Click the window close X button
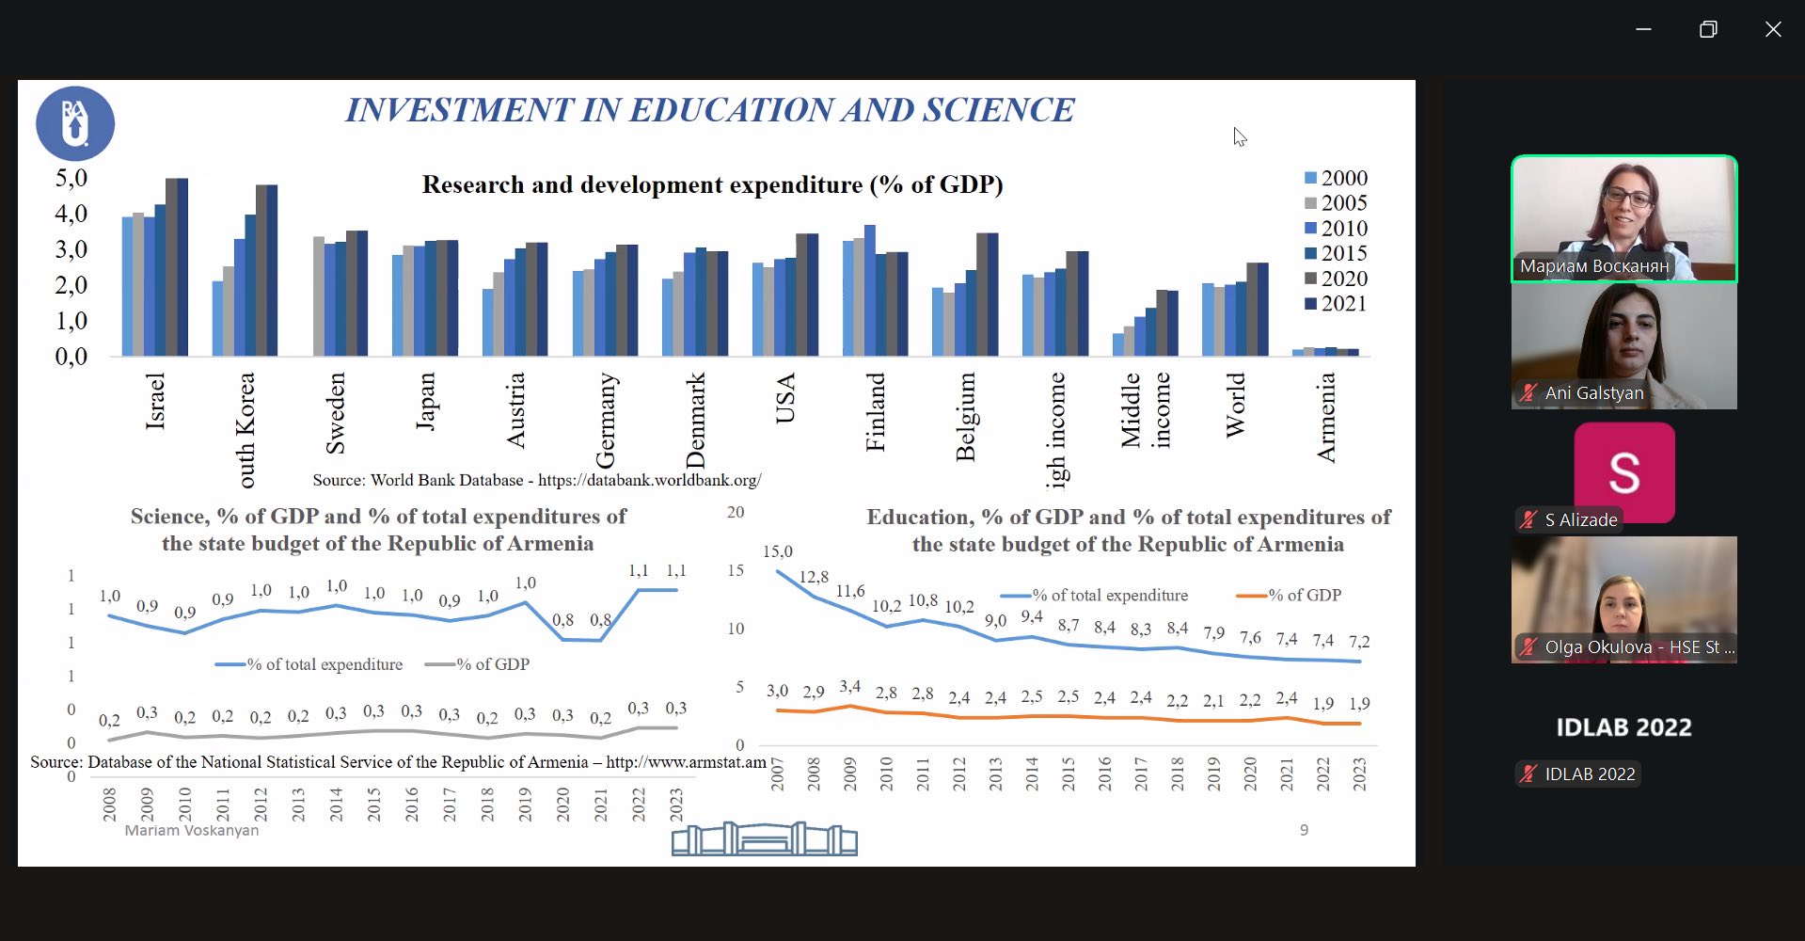coord(1773,29)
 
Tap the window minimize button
coord(1643,29)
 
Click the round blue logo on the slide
coord(75,123)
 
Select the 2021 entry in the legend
coord(1335,304)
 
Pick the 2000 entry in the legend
coord(1335,178)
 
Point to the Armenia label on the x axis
coord(1326,418)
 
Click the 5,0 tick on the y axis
coord(71,178)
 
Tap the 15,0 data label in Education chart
coord(777,551)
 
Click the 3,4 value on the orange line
coord(849,687)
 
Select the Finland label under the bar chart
coord(876,412)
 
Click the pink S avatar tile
coord(1624,472)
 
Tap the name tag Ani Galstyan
coord(1593,393)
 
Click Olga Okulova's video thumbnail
coord(1623,598)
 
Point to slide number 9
coord(1304,830)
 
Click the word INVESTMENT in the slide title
coord(459,110)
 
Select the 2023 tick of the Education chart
coord(1359,774)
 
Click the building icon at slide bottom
coord(764,838)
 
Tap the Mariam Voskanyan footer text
coord(191,830)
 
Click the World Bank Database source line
coord(536,480)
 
